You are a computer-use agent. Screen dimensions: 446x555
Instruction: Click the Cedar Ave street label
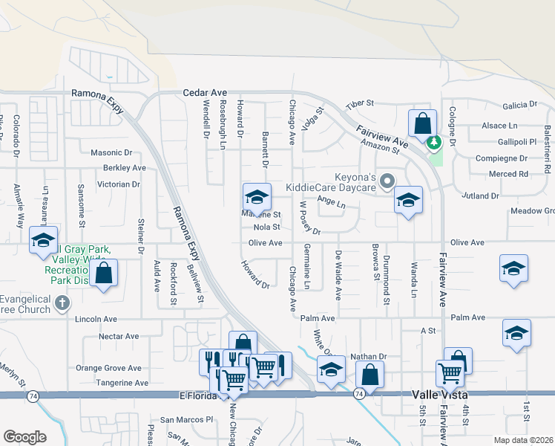[x=205, y=93]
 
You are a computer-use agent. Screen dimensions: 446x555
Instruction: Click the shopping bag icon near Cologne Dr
[x=421, y=123]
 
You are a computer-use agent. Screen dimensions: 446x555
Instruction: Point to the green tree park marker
[x=436, y=141]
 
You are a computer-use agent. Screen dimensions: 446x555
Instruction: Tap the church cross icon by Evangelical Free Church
[x=63, y=303]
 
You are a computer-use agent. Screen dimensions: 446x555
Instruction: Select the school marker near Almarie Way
[x=43, y=240]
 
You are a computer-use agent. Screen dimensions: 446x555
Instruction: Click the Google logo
[x=24, y=437]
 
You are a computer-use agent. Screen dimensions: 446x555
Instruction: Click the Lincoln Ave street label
[x=96, y=319]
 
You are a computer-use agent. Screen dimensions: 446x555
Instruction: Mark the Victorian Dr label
[x=119, y=184]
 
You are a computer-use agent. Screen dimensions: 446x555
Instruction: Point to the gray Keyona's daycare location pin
[x=386, y=181]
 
